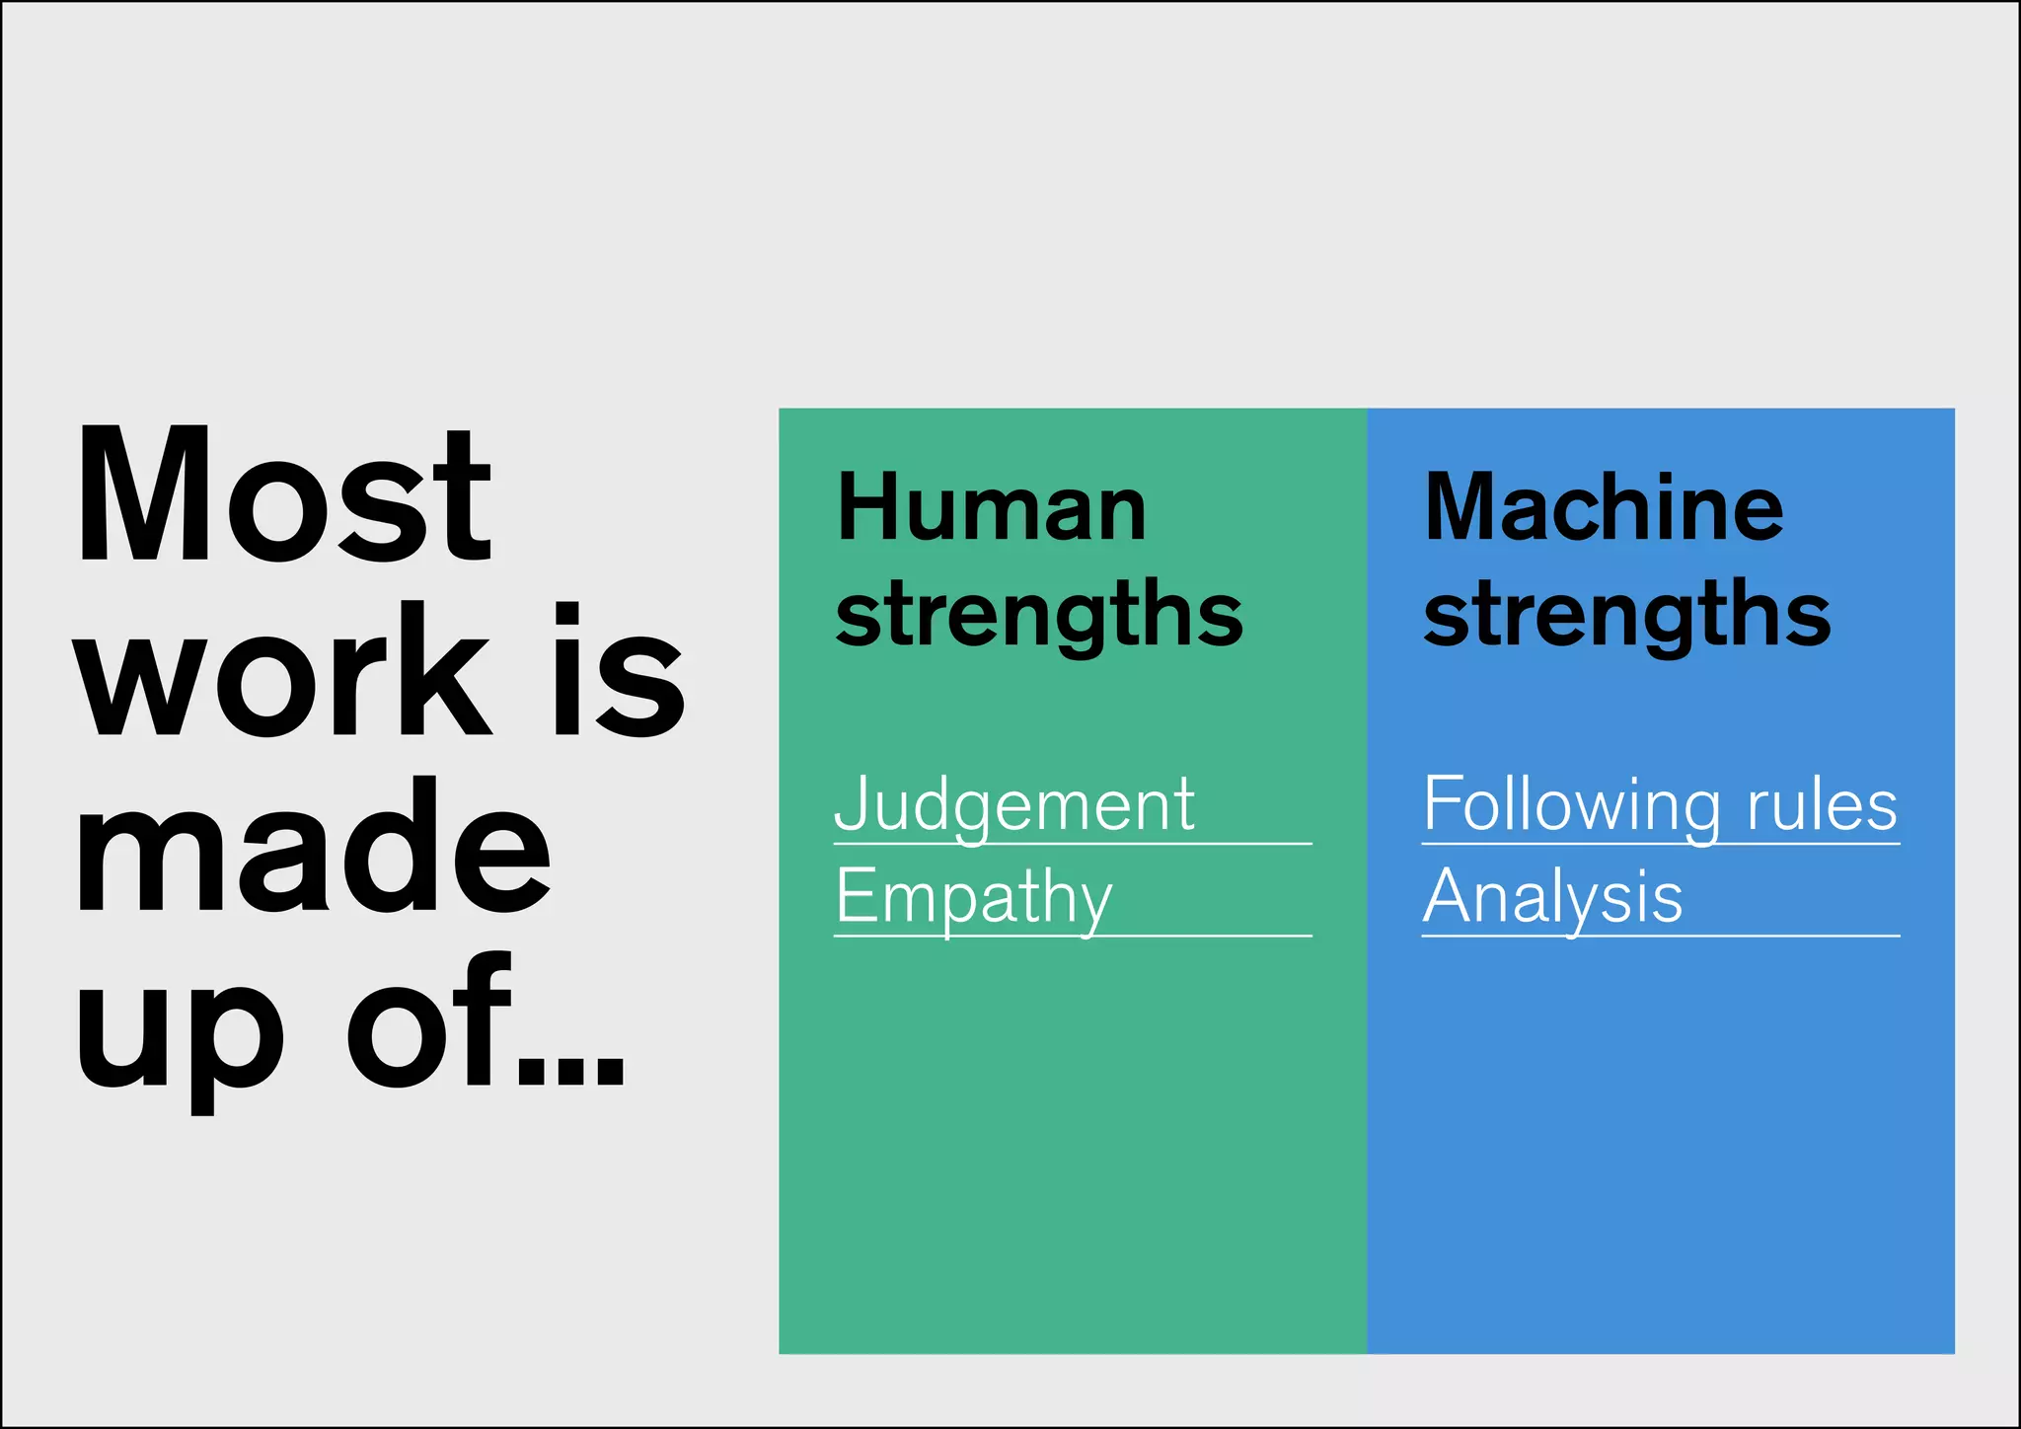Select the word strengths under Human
tap(1038, 615)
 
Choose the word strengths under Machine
tap(1626, 615)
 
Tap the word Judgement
tap(1014, 806)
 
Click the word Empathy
tap(974, 898)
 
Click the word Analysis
tap(1552, 898)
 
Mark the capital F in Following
tap(1442, 802)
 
